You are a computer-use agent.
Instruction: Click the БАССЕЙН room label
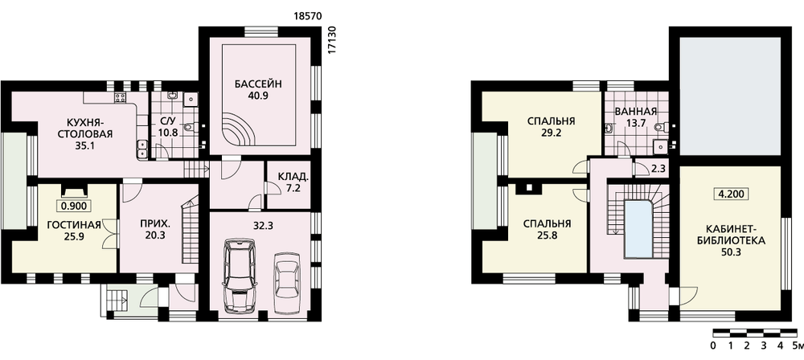259,84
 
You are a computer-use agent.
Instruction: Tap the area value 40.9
259,95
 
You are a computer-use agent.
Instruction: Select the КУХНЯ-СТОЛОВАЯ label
90,129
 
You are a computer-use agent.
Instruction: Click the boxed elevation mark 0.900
74,207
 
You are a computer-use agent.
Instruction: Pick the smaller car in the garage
286,281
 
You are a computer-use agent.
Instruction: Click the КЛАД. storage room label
293,177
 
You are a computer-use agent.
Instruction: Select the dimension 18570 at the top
308,16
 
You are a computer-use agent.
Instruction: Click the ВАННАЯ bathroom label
636,111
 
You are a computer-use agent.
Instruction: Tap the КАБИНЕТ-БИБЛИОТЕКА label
730,235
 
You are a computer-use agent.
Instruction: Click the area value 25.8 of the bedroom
547,237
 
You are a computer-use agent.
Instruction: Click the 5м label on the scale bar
798,346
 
